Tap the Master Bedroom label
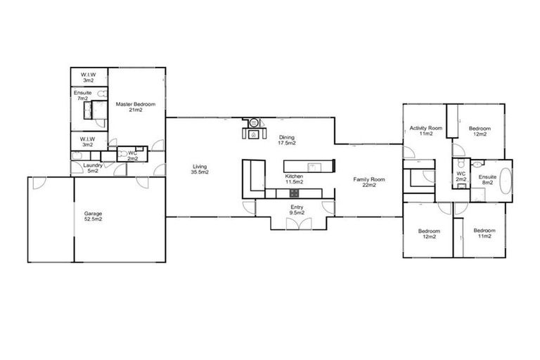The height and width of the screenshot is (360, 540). [135, 108]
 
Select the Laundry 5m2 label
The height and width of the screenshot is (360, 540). [94, 168]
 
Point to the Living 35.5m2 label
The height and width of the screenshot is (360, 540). [200, 169]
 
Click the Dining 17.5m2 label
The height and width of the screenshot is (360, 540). [287, 140]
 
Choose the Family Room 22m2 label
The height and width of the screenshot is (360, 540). [369, 182]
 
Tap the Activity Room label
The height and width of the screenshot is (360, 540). [425, 130]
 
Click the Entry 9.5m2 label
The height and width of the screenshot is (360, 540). [296, 210]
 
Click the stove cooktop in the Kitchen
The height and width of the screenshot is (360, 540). [292, 193]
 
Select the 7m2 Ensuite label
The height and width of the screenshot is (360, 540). [82, 96]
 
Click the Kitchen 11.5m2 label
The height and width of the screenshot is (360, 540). [294, 179]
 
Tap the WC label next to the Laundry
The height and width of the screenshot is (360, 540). [131, 156]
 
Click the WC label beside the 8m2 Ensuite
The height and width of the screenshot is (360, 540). [461, 176]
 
